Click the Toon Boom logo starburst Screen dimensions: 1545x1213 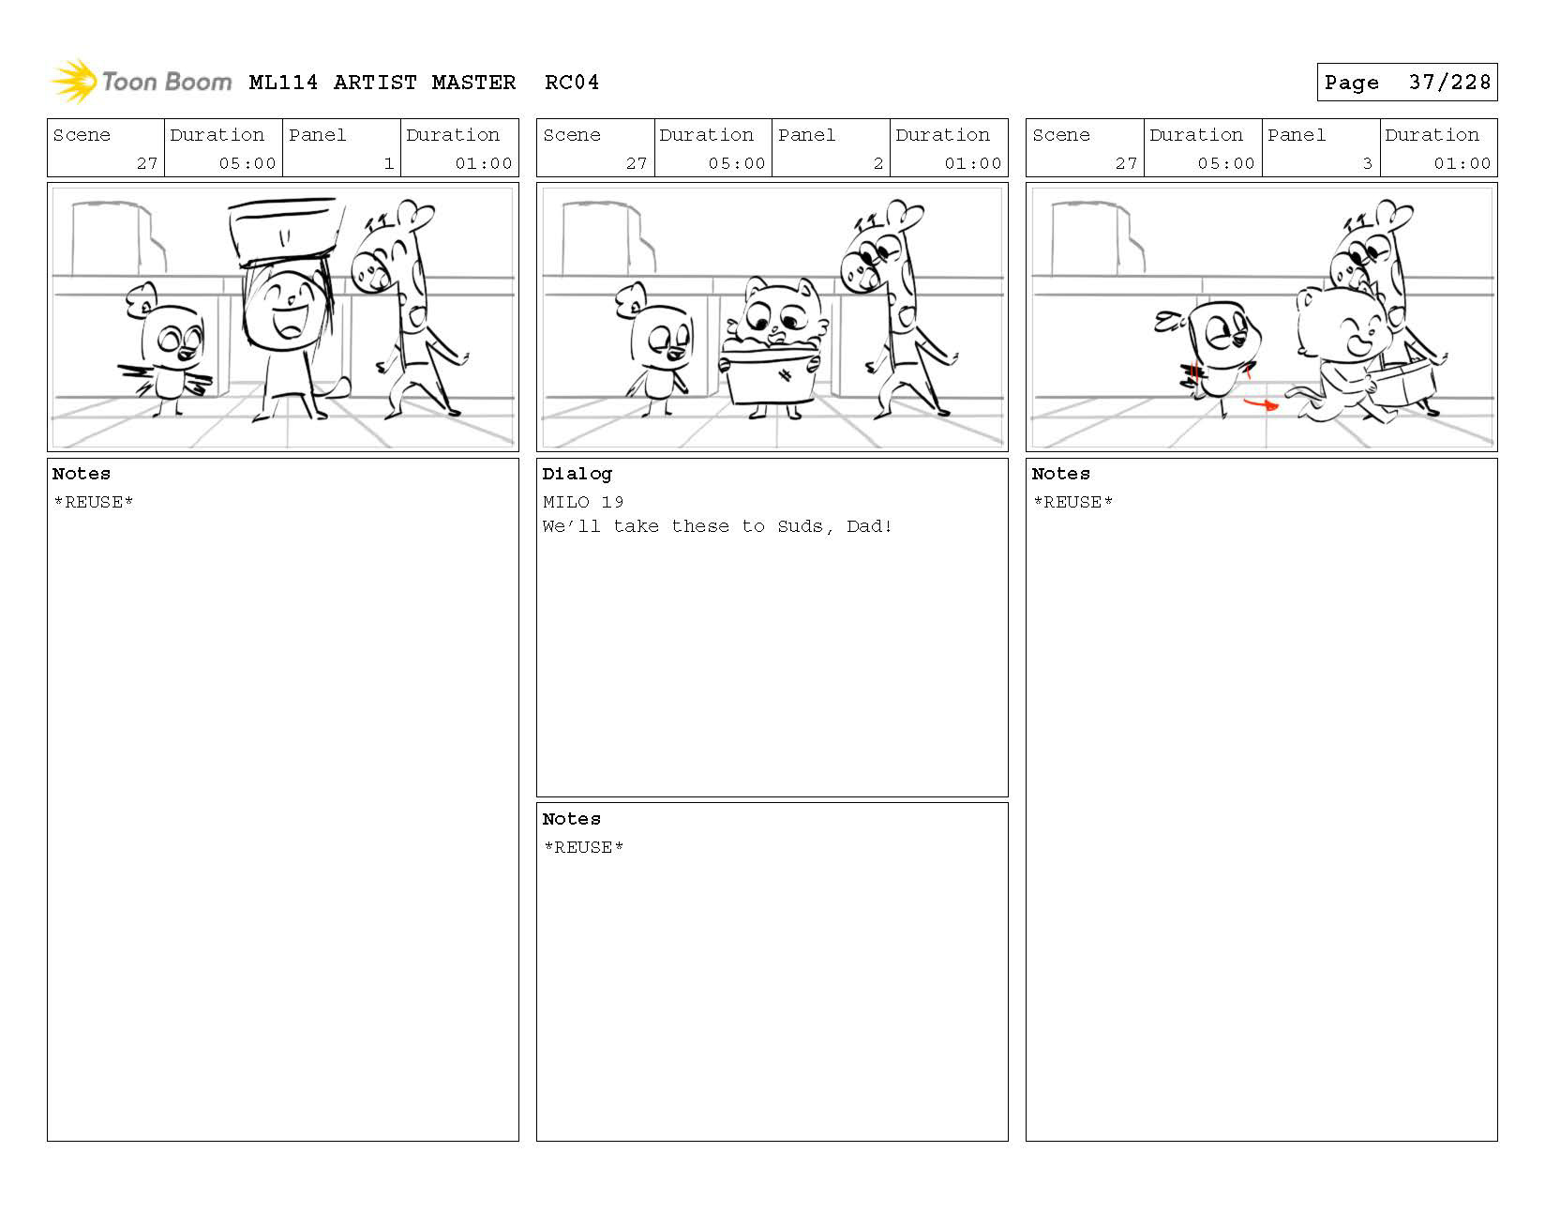coord(74,81)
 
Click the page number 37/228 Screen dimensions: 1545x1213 coord(1449,83)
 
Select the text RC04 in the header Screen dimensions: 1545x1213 coord(572,83)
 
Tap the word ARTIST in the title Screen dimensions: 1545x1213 coord(375,83)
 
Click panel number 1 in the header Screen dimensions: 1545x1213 coord(389,163)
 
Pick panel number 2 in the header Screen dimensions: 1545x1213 coord(878,163)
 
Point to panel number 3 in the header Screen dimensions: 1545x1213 coord(1367,163)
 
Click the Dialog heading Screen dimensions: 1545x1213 coord(577,475)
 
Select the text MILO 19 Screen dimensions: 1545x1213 coord(583,502)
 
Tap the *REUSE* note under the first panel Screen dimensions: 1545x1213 coord(94,502)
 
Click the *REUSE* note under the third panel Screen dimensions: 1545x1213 coord(1072,502)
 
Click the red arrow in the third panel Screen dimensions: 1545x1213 coord(1261,404)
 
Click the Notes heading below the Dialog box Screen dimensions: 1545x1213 coord(571,820)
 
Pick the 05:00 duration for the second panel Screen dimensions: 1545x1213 coord(737,163)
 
